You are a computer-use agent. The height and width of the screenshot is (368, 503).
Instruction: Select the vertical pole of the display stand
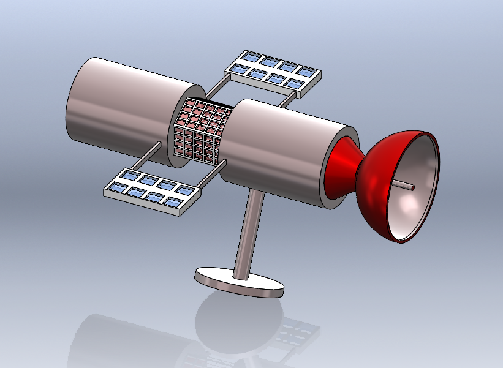[x=249, y=236]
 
